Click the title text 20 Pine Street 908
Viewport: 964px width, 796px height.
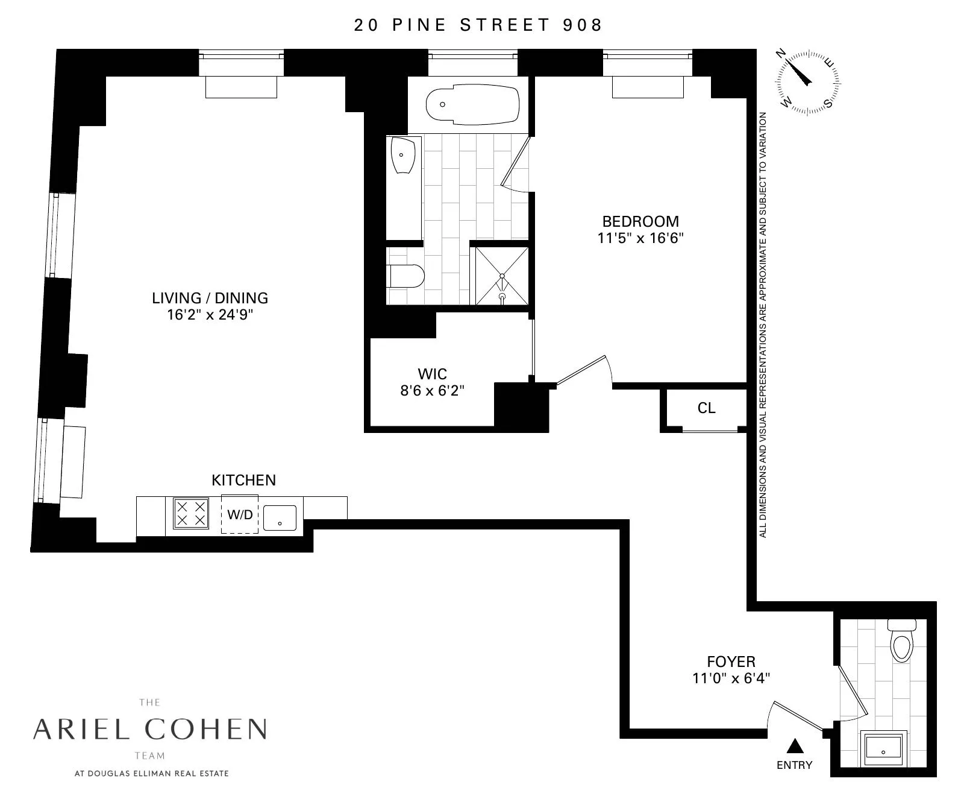[478, 25]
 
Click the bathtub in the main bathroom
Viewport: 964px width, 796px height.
[472, 106]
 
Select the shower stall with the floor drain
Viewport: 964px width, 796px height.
[501, 276]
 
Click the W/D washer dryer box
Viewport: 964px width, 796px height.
[240, 514]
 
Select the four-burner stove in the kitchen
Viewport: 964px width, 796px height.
[191, 513]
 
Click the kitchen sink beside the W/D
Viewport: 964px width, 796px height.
[280, 517]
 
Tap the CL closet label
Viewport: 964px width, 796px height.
[706, 408]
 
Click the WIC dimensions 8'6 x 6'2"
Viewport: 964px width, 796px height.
[432, 391]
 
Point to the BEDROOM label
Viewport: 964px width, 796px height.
[640, 221]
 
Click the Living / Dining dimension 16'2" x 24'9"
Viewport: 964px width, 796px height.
[210, 315]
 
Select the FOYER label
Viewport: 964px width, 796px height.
[731, 662]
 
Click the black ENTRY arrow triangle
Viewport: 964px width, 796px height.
[795, 747]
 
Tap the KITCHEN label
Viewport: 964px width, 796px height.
[243, 480]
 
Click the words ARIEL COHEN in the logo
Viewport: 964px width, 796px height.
[149, 729]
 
